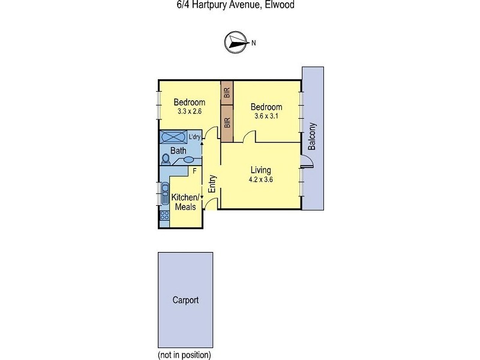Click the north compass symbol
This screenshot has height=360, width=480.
(236, 42)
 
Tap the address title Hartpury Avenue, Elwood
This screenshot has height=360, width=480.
(239, 5)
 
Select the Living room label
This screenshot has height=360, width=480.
(260, 170)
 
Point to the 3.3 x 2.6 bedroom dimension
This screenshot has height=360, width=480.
(189, 111)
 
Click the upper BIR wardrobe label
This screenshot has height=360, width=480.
(227, 93)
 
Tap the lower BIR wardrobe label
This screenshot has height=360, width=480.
(227, 123)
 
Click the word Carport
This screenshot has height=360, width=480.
(185, 300)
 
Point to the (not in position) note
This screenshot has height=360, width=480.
(184, 355)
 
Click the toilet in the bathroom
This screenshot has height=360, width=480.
(166, 159)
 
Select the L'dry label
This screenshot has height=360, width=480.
(194, 137)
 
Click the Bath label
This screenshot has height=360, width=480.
(178, 151)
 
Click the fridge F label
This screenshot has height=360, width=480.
(194, 171)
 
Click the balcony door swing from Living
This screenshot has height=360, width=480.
(306, 160)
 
